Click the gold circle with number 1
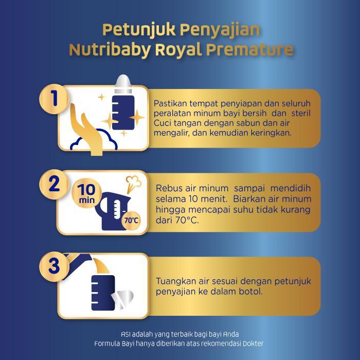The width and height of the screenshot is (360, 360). [54, 99]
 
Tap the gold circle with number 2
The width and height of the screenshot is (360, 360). [54, 184]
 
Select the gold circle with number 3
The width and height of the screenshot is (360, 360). [54, 266]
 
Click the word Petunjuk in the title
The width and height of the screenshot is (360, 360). [139, 30]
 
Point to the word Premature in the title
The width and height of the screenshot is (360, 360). [250, 49]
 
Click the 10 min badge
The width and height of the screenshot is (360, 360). [87, 193]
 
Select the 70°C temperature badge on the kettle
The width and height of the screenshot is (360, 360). [131, 221]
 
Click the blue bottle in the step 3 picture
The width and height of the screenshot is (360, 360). [103, 293]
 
